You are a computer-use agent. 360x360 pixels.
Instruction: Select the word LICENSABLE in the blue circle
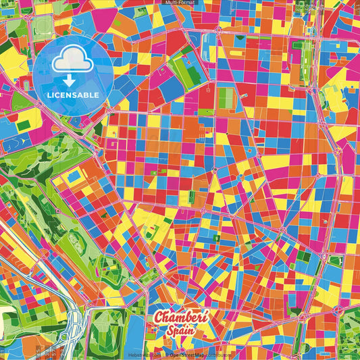[73, 94]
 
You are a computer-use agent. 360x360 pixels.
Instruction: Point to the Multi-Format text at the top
[180, 3]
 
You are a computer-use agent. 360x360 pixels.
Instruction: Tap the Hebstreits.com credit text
[144, 353]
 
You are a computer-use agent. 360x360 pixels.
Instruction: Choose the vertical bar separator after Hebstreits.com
[162, 353]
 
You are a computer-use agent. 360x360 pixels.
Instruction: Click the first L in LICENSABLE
[50, 94]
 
